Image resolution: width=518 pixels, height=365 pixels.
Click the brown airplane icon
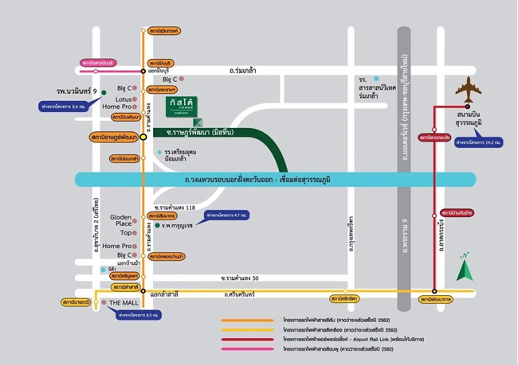point(469,90)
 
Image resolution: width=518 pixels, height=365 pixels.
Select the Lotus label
point(123,97)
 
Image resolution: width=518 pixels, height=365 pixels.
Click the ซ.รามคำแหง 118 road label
point(174,207)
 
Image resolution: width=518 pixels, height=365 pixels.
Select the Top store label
point(126,233)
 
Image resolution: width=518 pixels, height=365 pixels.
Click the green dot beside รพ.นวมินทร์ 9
point(104,92)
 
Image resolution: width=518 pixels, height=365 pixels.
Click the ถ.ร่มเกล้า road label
point(242,71)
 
